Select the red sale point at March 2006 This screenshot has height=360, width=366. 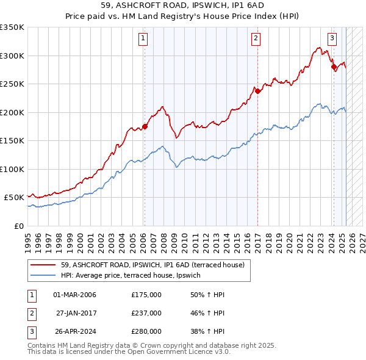coord(145,127)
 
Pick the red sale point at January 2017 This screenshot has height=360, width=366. coord(257,92)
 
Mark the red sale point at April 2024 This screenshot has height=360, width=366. coord(334,67)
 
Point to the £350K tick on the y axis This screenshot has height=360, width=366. coord(12,27)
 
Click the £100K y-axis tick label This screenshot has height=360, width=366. coord(12,169)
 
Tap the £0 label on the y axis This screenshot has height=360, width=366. coord(18,226)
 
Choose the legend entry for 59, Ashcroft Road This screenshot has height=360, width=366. coord(152,265)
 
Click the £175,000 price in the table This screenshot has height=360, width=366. coord(146,295)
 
